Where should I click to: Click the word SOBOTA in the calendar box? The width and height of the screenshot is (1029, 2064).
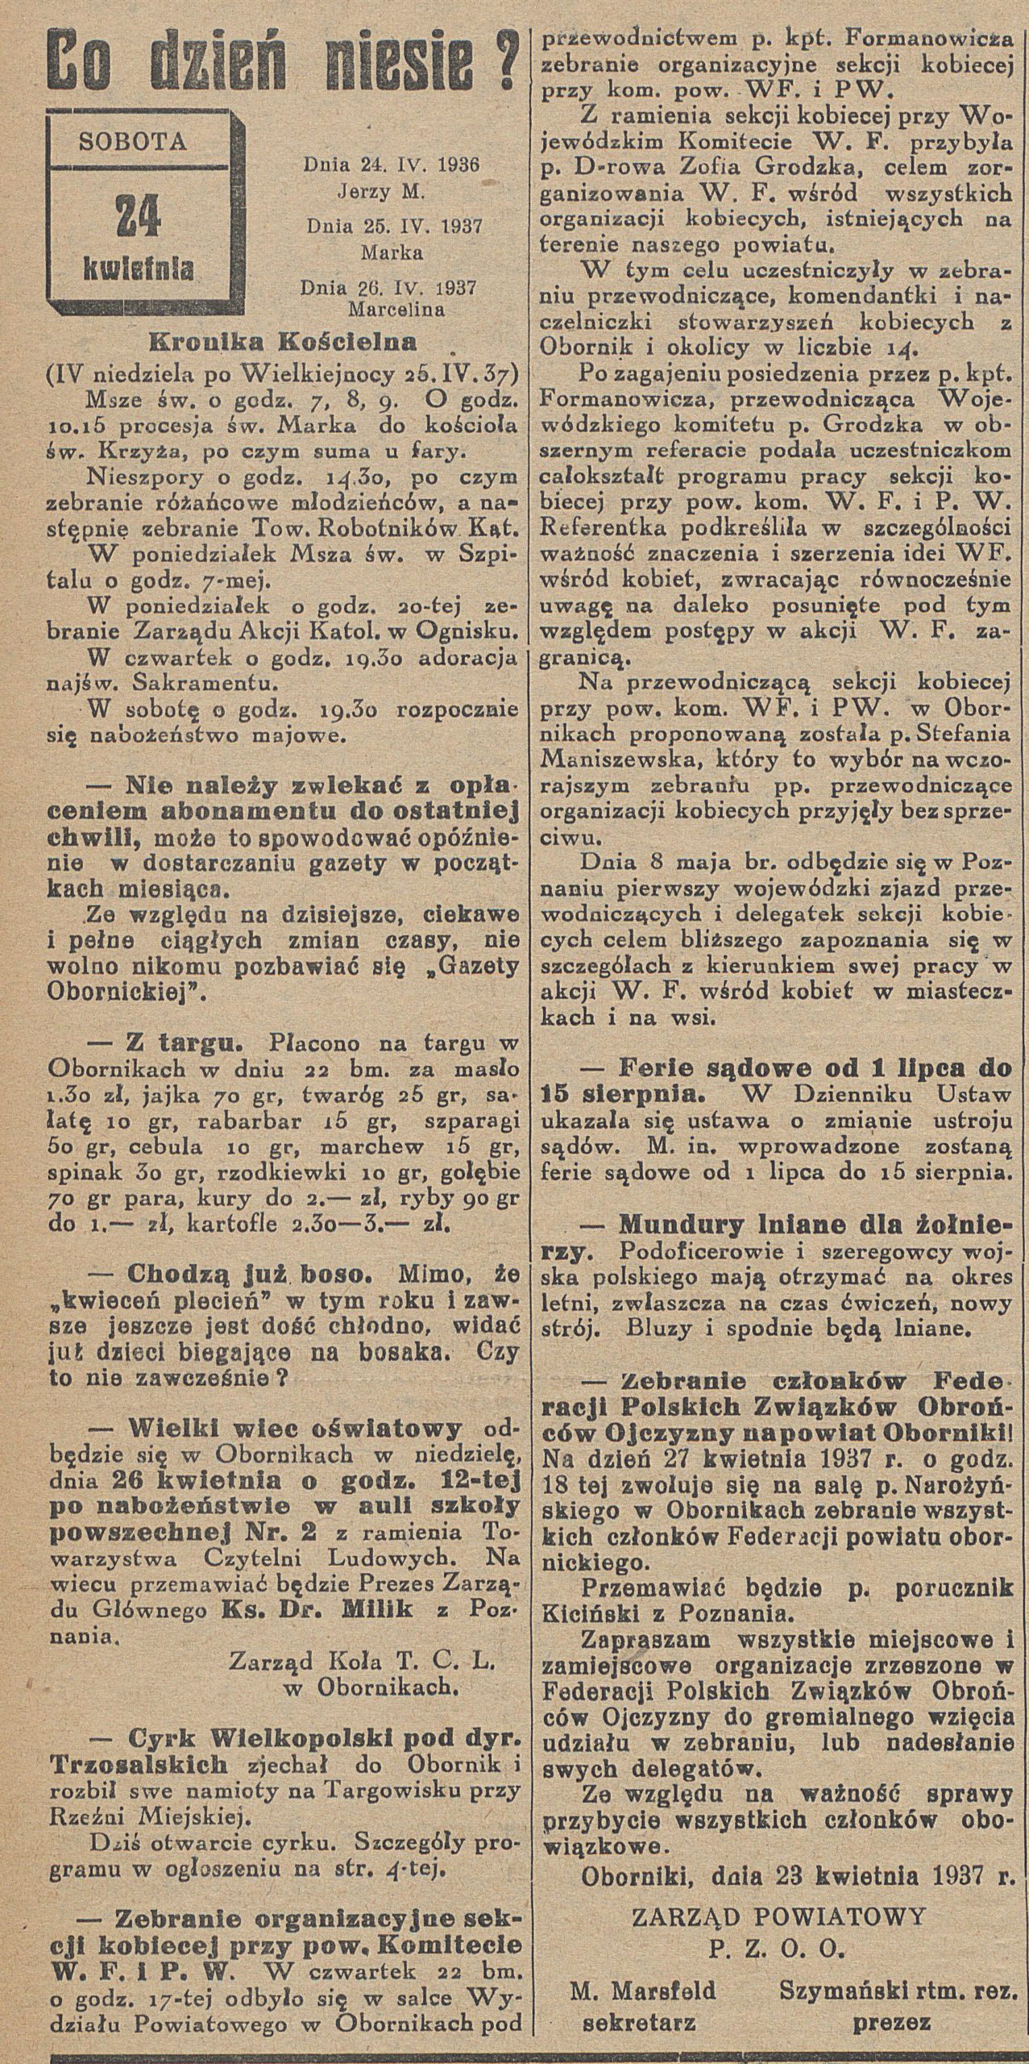tap(134, 143)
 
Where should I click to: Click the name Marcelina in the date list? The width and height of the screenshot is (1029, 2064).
tap(390, 307)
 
